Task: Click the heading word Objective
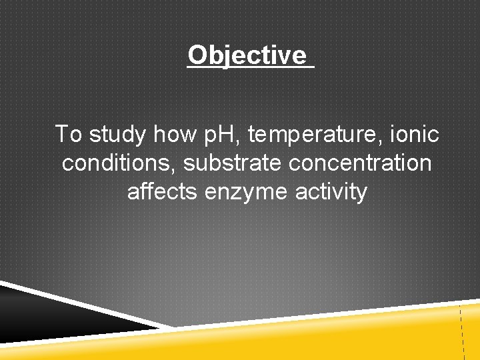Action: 247,55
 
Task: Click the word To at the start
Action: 69,134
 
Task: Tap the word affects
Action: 163,192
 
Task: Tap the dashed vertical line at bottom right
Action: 461,333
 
